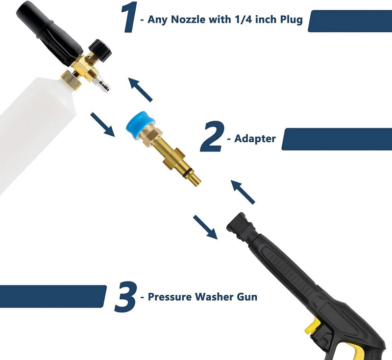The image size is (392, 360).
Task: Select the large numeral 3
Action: tap(124, 296)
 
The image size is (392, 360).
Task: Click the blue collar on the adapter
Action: tap(140, 124)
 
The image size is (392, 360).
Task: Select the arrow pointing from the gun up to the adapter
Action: tap(244, 192)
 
